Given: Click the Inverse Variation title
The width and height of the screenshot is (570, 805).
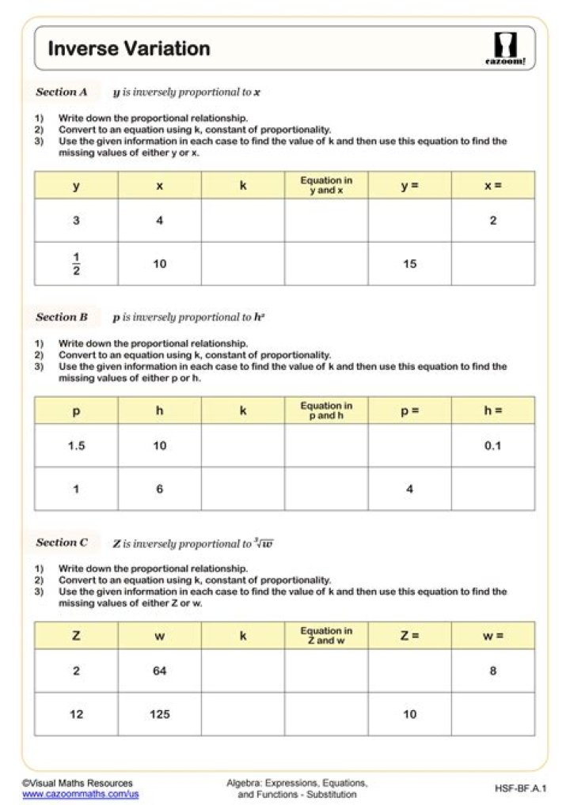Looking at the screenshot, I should tap(129, 49).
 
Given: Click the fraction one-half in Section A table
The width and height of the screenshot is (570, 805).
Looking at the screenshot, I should tap(76, 264).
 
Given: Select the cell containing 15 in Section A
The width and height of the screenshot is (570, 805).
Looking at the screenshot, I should tap(409, 264).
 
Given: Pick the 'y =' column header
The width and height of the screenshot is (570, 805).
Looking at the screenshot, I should tap(409, 186).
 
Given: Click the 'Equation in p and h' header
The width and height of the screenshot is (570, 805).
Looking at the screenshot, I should tap(326, 410).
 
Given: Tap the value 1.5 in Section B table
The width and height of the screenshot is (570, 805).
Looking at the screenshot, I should tap(76, 446).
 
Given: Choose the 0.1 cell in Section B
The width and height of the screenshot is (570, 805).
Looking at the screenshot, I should tap(492, 446).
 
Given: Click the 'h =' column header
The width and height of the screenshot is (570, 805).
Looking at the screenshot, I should tap(492, 410).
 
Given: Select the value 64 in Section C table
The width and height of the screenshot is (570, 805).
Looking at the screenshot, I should tap(160, 671).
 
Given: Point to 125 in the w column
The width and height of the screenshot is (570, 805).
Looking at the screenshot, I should tap(160, 715).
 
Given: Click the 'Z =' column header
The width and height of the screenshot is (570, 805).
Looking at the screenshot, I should tap(409, 636).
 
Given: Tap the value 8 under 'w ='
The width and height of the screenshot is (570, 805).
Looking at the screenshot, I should tap(492, 671).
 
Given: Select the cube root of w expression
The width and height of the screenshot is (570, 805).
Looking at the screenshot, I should tap(264, 543).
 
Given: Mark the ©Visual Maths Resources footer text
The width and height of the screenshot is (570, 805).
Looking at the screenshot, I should tap(78, 783).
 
